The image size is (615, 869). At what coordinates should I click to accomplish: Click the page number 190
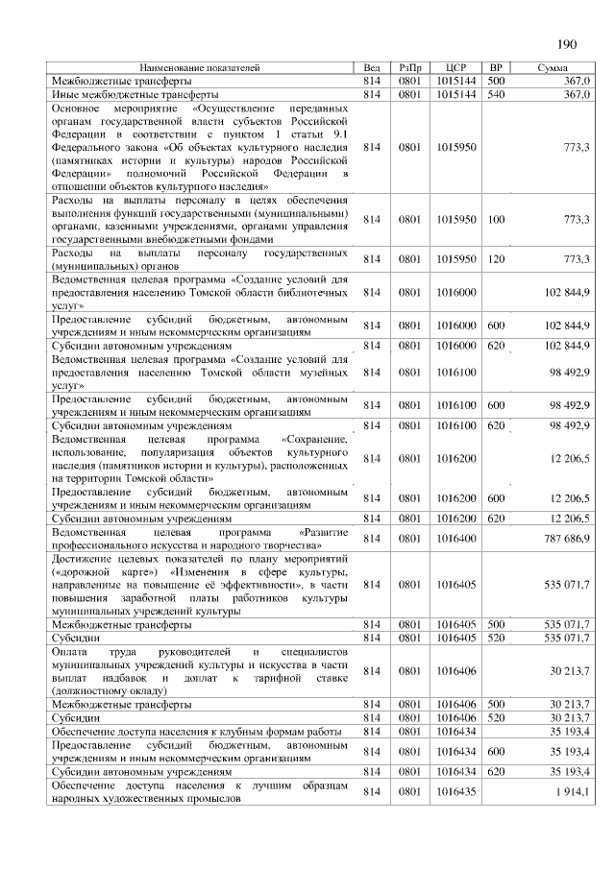click(566, 44)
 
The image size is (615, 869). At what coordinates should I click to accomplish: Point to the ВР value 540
click(496, 95)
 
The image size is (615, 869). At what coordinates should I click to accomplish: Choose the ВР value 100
click(496, 220)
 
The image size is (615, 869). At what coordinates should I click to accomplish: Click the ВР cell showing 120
click(496, 259)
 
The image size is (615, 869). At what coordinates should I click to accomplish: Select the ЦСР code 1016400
click(455, 539)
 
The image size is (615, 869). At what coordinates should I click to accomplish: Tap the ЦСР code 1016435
click(455, 792)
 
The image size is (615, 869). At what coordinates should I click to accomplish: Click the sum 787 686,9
click(569, 539)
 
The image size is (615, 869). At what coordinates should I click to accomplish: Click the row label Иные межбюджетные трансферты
click(135, 95)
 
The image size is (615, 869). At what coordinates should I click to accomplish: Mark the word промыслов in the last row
click(200, 799)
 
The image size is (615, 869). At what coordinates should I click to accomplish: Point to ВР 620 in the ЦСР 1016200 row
click(496, 519)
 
